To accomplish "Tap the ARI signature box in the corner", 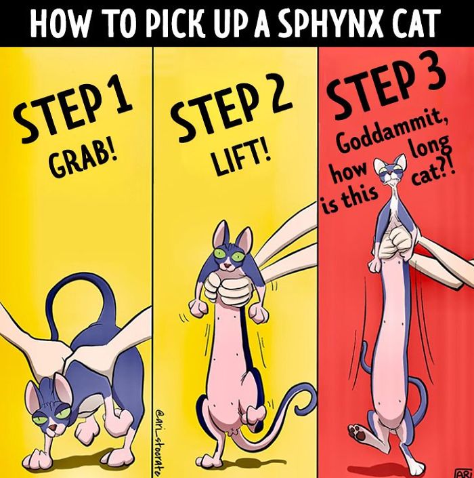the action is coord(462,473).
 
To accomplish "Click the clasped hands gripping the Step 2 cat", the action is coord(227,289).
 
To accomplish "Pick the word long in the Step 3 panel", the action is coord(429,148).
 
